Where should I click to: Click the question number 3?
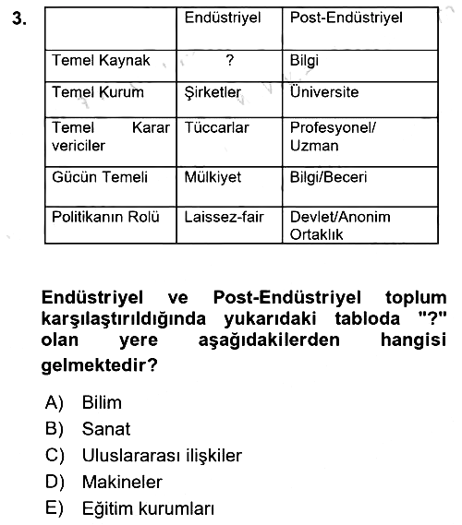(19, 18)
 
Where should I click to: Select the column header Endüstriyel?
(223, 18)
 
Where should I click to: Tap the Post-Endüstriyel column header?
(346, 18)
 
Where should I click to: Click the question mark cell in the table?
(230, 60)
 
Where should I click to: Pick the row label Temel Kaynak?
(101, 61)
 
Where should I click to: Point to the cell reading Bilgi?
(304, 61)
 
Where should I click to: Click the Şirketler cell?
(213, 92)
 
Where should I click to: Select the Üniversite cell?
(324, 91)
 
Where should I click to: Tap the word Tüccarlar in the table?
(216, 127)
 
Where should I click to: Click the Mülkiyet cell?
(213, 177)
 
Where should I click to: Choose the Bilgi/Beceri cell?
(328, 177)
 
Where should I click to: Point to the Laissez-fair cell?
(224, 217)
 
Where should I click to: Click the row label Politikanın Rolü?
(105, 217)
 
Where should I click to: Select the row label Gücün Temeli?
(100, 177)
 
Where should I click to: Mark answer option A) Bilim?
(83, 402)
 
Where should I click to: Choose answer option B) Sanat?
(88, 429)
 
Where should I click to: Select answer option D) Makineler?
(103, 483)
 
